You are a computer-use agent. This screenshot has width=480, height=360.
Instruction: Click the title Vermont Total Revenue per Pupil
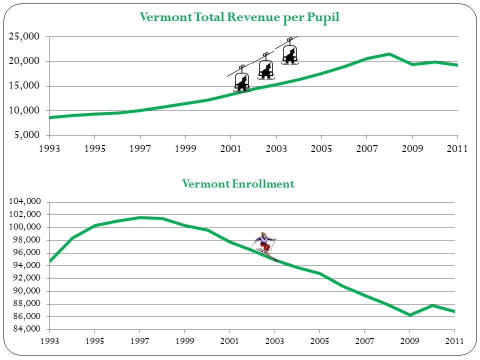tap(239, 17)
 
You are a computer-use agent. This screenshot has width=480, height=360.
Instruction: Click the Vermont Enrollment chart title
tap(238, 184)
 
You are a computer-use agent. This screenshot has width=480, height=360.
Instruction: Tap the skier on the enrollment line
tap(265, 245)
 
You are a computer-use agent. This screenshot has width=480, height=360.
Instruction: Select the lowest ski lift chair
tap(242, 81)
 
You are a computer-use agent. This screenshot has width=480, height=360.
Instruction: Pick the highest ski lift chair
tap(290, 53)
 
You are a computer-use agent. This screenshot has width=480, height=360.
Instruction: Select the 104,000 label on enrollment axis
tap(24, 201)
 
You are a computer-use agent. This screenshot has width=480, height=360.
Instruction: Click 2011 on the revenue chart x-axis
tap(457, 148)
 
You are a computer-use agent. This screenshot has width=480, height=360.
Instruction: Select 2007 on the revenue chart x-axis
tap(366, 148)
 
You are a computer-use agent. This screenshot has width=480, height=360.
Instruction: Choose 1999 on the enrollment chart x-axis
tap(185, 341)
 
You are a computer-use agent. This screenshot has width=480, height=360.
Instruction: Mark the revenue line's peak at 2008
tap(389, 54)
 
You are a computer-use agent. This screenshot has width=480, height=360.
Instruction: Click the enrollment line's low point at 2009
tap(410, 315)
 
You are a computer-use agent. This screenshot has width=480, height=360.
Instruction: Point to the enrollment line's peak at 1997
tap(140, 217)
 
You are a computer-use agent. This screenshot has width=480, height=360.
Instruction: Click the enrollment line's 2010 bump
tap(432, 305)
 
